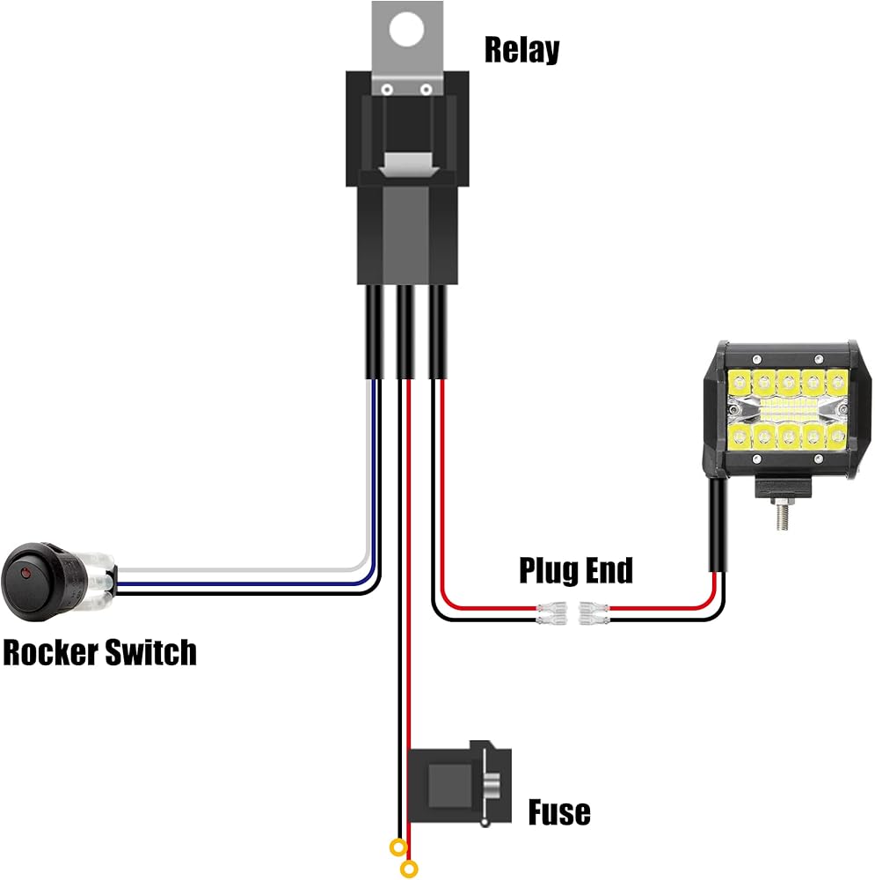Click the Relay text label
521,50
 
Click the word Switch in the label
150,653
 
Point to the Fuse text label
558,811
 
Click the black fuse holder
460,781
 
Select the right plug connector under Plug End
590,612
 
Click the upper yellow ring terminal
398,849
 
